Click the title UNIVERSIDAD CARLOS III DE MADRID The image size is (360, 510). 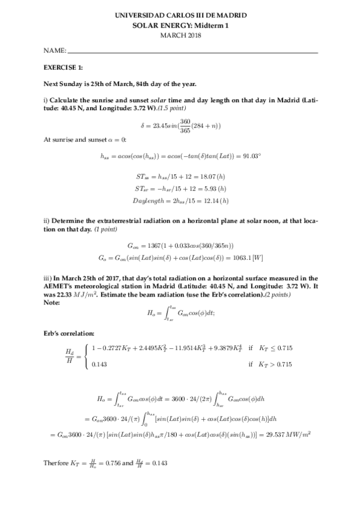[180, 17]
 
